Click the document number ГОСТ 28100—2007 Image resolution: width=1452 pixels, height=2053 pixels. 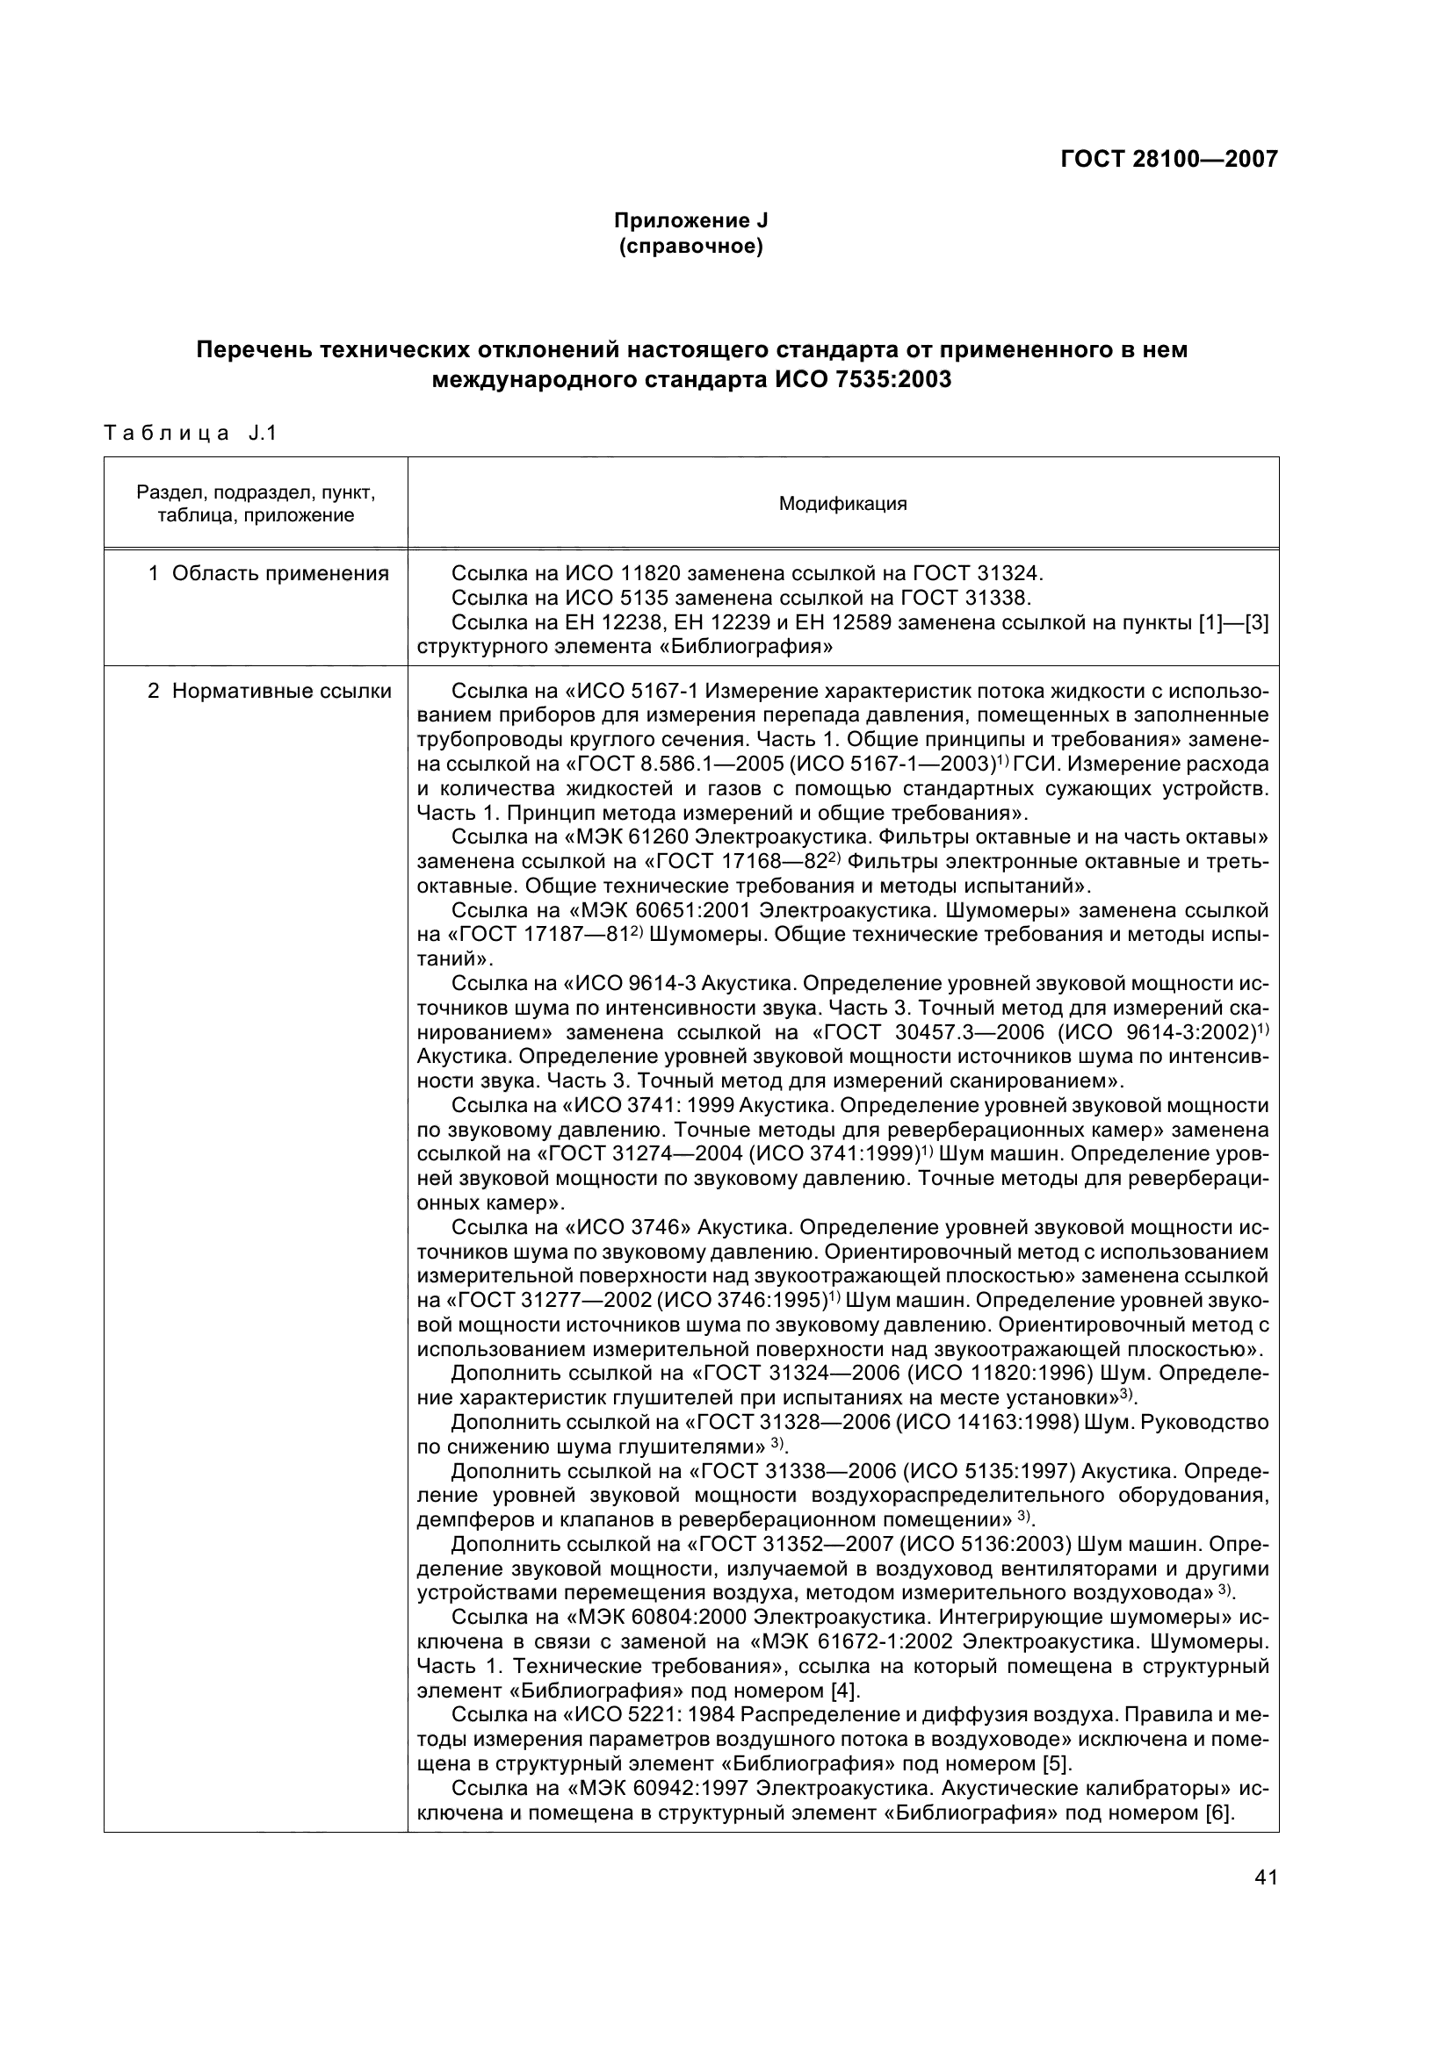point(1168,159)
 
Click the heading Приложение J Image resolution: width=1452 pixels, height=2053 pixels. point(690,220)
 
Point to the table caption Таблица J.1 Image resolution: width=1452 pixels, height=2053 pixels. point(191,434)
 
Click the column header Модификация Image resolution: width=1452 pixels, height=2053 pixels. point(842,504)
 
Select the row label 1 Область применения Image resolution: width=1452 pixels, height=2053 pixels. point(269,573)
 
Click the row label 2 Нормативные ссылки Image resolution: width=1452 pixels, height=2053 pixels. point(270,691)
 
